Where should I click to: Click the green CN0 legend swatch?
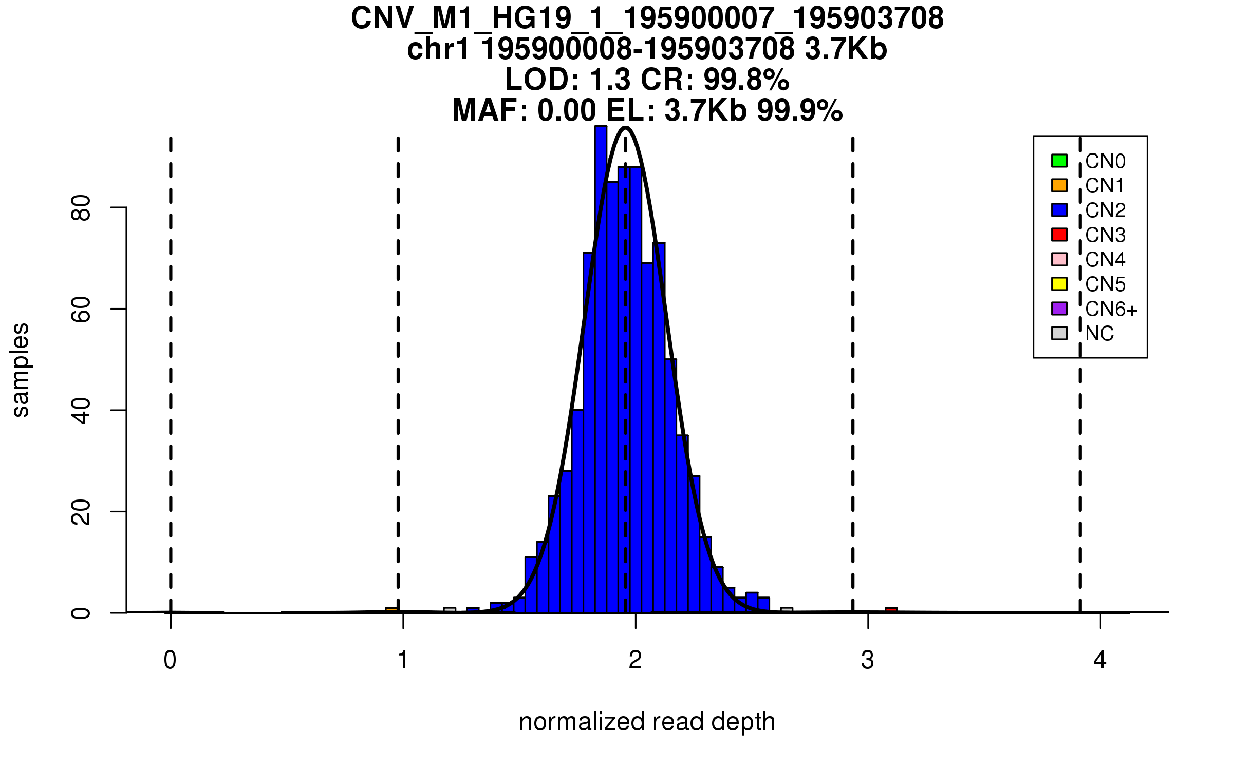[x=1059, y=161]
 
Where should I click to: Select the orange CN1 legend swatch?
[x=1059, y=185]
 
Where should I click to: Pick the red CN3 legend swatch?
[x=1059, y=235]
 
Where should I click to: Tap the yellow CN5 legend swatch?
[x=1059, y=284]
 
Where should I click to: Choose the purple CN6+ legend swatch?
[x=1059, y=309]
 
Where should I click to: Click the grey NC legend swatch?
[x=1059, y=333]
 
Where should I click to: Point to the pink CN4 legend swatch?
[x=1059, y=259]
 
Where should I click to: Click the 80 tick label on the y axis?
[x=81, y=208]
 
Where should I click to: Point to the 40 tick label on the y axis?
[x=81, y=411]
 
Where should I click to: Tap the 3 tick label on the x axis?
[x=868, y=660]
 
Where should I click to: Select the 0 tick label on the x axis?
[x=170, y=660]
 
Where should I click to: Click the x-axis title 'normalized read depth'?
[x=647, y=722]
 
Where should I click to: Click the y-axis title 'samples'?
[x=21, y=370]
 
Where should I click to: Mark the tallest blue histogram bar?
[x=601, y=359]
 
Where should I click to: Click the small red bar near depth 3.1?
[x=891, y=610]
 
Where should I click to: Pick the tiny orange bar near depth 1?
[x=391, y=610]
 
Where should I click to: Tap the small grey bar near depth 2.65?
[x=787, y=610]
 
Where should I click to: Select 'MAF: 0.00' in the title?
[x=524, y=110]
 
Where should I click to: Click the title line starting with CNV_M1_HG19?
[x=647, y=18]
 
